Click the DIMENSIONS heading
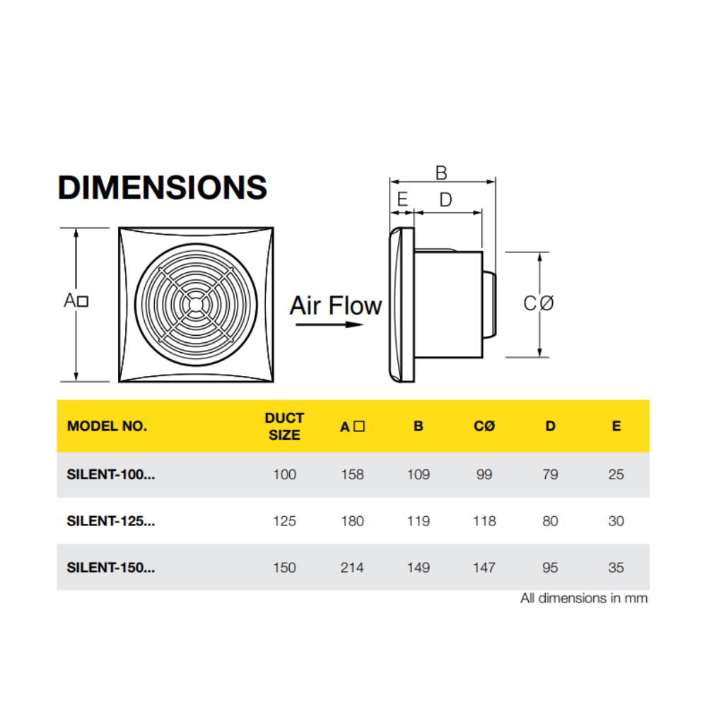pos(162,187)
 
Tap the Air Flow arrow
pos(329,325)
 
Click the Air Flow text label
pos(336,305)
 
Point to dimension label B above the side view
pos(441,173)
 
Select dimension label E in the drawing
pos(402,200)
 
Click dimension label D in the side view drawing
pos(445,200)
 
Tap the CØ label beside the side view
pos(539,303)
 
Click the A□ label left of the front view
pos(76,300)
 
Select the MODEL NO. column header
pos(107,426)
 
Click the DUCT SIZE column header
pos(284,426)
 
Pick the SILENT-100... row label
pos(110,474)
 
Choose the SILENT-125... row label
pos(110,521)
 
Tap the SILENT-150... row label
pos(110,567)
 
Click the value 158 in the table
pos(352,474)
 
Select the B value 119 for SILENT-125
pos(419,521)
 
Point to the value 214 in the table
pos(352,567)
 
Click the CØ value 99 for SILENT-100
pos(484,474)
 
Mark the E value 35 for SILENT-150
pos(616,567)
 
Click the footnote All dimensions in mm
pos(584,598)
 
